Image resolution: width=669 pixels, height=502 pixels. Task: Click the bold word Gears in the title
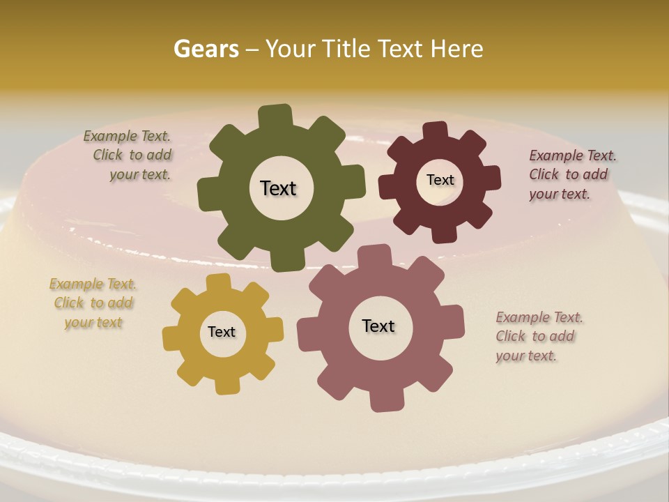(x=206, y=49)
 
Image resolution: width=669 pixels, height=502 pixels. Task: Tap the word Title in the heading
(x=348, y=49)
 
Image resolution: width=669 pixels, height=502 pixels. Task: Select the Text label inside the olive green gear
(x=278, y=188)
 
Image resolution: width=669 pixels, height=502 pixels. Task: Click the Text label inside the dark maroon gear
(x=440, y=180)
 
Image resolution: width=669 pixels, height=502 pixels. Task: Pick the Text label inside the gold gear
(x=222, y=333)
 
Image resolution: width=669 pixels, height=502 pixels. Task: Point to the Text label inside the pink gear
(x=378, y=326)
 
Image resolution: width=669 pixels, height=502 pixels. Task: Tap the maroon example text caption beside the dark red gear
(x=571, y=174)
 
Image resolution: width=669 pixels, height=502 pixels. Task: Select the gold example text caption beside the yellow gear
(x=93, y=303)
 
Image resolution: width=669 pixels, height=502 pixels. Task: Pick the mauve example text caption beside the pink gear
(x=539, y=336)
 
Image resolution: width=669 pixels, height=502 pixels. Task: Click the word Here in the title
(x=457, y=49)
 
